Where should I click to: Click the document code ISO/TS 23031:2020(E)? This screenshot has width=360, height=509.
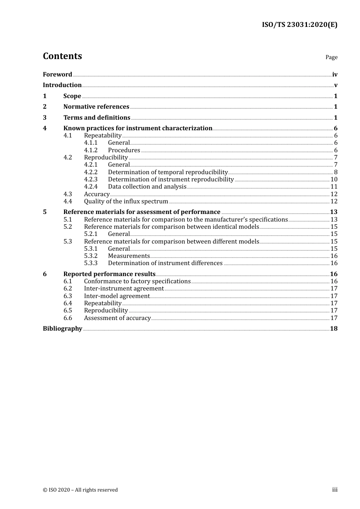pyautogui.click(x=299, y=25)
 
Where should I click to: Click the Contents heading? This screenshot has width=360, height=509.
pyautogui.click(x=62, y=56)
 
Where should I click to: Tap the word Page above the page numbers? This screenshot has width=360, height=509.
pyautogui.click(x=331, y=57)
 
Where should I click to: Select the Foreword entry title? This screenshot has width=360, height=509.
pyautogui.click(x=57, y=75)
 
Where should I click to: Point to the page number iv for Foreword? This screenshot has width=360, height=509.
pyautogui.click(x=335, y=75)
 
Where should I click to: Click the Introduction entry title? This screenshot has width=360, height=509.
pyautogui.click(x=62, y=85)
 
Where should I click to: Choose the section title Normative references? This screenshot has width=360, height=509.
pyautogui.click(x=96, y=107)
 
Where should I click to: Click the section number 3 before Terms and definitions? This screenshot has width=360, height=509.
pyautogui.click(x=45, y=118)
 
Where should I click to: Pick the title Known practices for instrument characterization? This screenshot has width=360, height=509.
pyautogui.click(x=138, y=128)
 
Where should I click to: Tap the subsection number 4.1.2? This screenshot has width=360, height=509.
pyautogui.click(x=91, y=150)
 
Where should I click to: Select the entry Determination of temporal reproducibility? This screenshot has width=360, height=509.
pyautogui.click(x=167, y=172)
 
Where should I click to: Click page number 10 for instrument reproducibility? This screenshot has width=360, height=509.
pyautogui.click(x=334, y=180)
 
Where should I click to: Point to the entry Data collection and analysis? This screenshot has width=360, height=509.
pyautogui.click(x=147, y=187)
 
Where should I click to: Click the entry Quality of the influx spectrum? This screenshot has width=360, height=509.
pyautogui.click(x=126, y=201)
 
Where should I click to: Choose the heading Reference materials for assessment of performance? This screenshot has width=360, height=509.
pyautogui.click(x=142, y=212)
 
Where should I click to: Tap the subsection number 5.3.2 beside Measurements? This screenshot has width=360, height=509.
pyautogui.click(x=91, y=256)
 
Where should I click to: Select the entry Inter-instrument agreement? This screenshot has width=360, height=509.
pyautogui.click(x=124, y=289)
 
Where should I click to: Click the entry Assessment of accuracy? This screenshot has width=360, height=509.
pyautogui.click(x=117, y=318)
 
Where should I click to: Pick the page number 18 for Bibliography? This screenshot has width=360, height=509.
pyautogui.click(x=333, y=329)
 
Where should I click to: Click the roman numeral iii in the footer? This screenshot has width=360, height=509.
pyautogui.click(x=335, y=490)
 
